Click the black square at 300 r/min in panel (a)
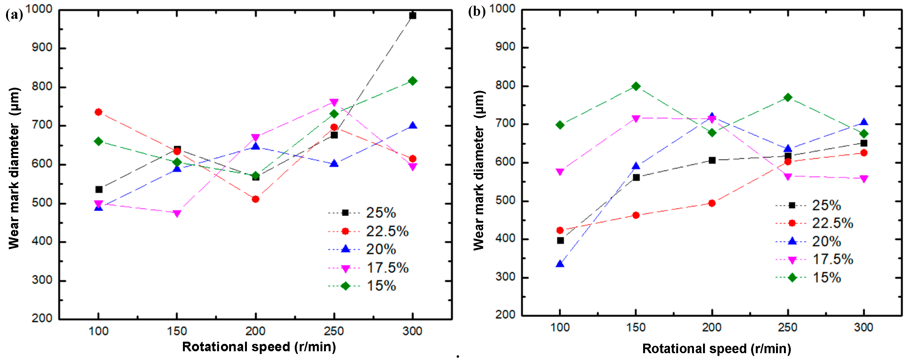[412, 16]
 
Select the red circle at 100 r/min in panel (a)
[98, 112]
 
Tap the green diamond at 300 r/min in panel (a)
[412, 81]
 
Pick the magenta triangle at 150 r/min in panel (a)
[177, 213]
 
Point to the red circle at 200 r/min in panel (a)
[255, 199]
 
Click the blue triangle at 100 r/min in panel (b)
[560, 264]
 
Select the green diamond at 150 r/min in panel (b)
[636, 86]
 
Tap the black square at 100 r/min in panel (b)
[560, 241]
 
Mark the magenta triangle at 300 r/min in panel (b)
[863, 179]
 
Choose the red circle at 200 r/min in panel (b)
[712, 203]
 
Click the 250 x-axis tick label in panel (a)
[334, 331]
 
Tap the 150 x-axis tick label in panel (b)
[635, 327]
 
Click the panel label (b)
[477, 12]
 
